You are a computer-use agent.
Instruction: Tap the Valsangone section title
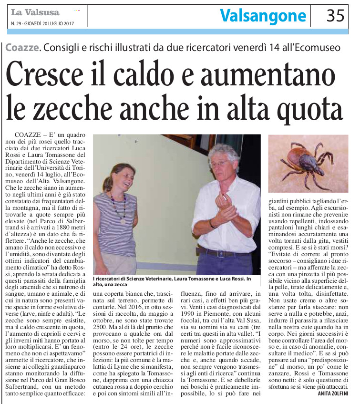coord(263,16)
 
